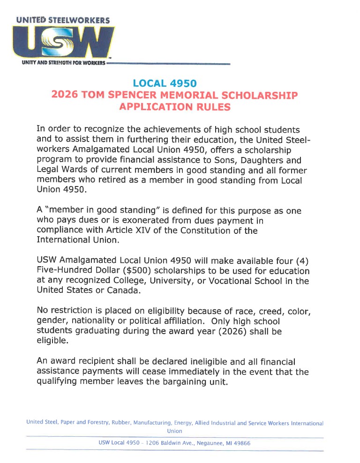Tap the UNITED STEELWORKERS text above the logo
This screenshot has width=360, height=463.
(63, 20)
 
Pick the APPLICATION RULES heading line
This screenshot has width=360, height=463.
(175, 107)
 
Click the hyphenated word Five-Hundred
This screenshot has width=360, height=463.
(64, 271)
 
